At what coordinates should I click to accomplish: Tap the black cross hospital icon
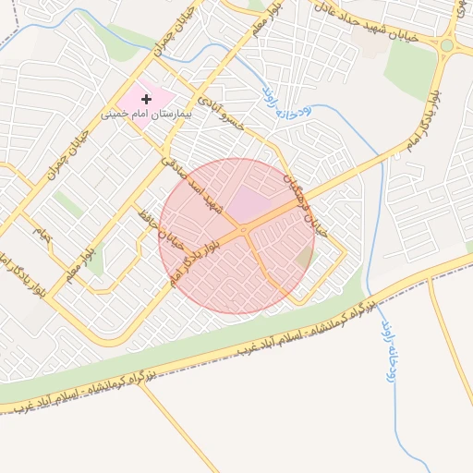146,98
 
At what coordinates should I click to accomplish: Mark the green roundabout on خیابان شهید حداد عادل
447,45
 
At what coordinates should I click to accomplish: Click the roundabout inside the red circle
242,228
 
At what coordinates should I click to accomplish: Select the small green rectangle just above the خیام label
67,203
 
